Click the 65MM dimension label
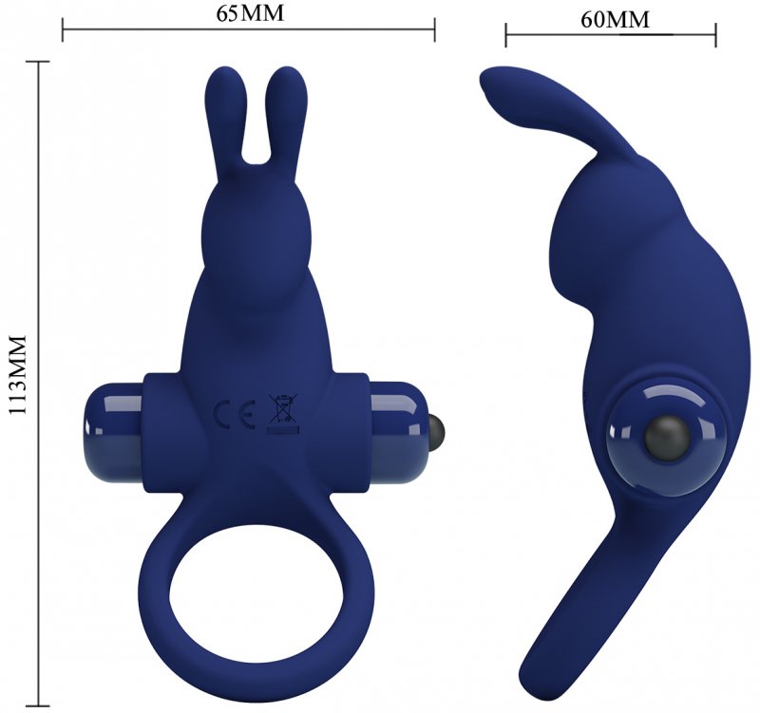tap(250, 13)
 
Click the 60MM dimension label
tap(615, 20)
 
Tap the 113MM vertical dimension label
tap(17, 374)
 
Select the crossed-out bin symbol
tap(283, 413)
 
